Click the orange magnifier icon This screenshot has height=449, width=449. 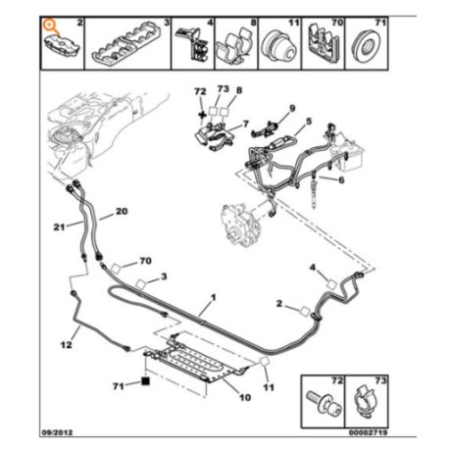click(51, 25)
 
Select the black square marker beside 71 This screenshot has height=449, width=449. click(145, 381)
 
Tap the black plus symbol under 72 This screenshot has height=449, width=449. click(203, 115)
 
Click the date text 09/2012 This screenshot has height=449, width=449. click(58, 432)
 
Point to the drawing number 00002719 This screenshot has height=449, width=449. click(368, 432)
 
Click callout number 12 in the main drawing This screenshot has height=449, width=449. click(67, 344)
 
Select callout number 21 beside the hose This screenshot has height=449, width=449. click(59, 226)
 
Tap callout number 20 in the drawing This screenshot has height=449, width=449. click(122, 212)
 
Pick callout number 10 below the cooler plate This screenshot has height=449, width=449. click(245, 397)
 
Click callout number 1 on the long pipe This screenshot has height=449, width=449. click(214, 297)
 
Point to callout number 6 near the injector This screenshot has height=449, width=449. click(341, 179)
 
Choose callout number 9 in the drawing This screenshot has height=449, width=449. click(292, 108)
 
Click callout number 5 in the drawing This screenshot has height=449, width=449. click(309, 122)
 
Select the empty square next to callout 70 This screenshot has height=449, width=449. click(116, 269)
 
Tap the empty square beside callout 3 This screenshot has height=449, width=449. click(140, 284)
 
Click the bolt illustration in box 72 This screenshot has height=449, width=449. click(324, 402)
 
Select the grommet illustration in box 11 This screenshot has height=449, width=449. click(279, 46)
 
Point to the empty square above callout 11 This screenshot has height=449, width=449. click(264, 362)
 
